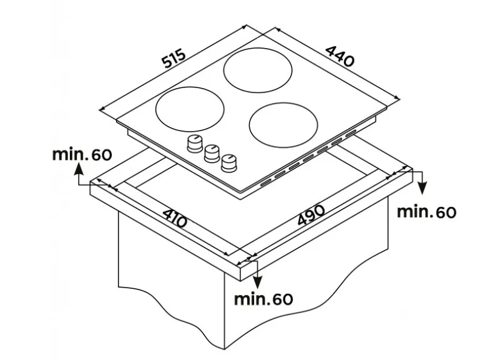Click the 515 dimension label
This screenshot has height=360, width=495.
click(174, 59)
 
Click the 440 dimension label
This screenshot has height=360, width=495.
click(340, 57)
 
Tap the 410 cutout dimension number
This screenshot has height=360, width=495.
click(175, 218)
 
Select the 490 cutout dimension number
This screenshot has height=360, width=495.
click(311, 215)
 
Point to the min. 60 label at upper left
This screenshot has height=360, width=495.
click(82, 155)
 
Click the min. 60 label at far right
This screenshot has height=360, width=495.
click(426, 212)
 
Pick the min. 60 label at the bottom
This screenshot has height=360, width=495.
click(263, 299)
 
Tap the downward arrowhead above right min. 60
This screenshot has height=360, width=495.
click(422, 189)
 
